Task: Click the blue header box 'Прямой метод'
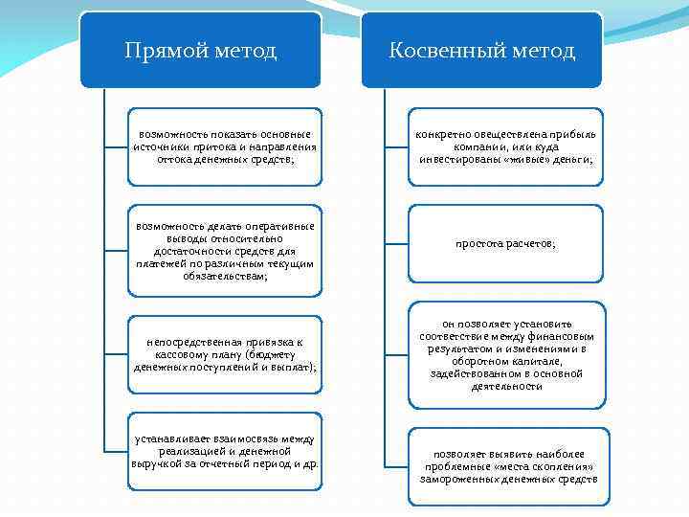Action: coord(200,50)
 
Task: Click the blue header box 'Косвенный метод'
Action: coord(481,50)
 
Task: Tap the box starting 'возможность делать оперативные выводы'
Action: coord(227,250)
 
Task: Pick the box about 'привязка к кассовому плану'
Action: coord(227,354)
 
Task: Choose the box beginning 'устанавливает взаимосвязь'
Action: coord(227,451)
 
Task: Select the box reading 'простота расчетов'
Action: coord(506,244)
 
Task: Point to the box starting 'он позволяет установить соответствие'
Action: coord(506,354)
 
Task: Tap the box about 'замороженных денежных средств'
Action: coord(506,465)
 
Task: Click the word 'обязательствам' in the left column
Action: coord(227,276)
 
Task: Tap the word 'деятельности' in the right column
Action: coord(506,387)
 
